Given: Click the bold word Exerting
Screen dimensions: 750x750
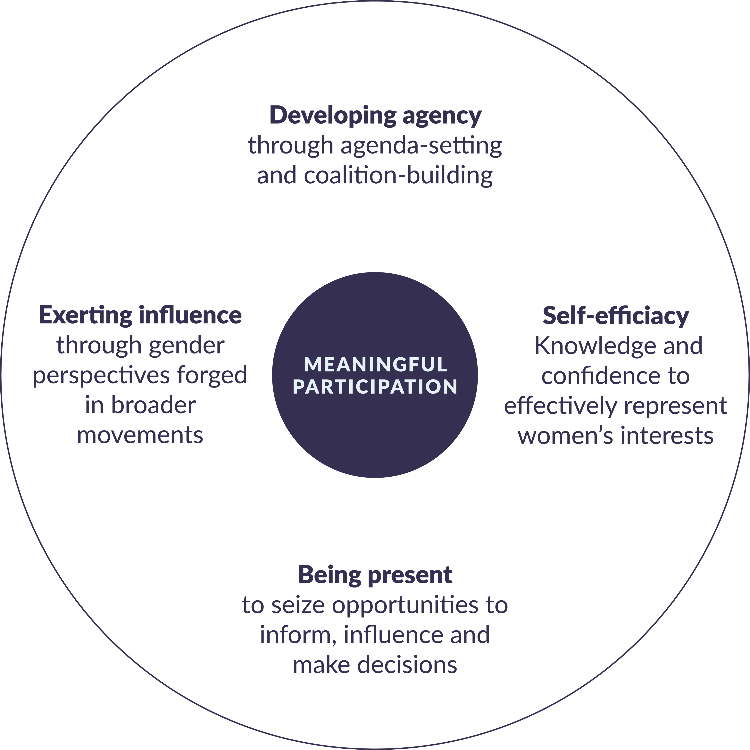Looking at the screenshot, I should click(85, 315).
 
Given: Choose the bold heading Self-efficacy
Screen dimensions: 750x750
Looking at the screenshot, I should click(616, 316).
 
